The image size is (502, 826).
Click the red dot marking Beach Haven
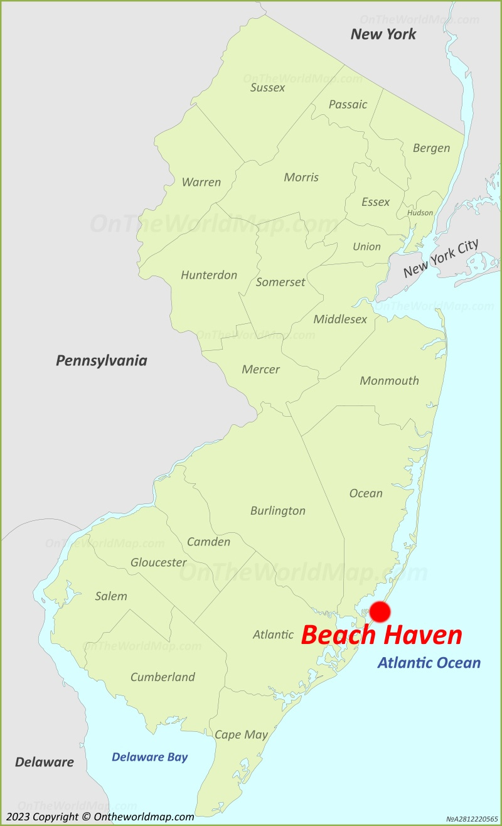(x=380, y=612)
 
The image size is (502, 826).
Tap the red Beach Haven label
(x=382, y=635)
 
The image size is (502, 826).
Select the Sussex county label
(x=267, y=88)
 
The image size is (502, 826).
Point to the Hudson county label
(x=420, y=213)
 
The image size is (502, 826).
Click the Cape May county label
(x=241, y=734)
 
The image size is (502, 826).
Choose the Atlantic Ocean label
(x=429, y=662)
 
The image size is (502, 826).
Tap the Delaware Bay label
(x=149, y=757)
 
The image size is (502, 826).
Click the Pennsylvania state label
(x=102, y=360)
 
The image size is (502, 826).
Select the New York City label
(x=441, y=259)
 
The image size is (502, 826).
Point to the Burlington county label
(x=277, y=511)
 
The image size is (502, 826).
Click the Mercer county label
(x=260, y=370)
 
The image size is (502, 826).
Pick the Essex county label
(x=375, y=202)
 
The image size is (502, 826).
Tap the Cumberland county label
(x=163, y=677)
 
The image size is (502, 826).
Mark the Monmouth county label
(x=389, y=381)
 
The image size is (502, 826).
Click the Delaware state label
(x=45, y=763)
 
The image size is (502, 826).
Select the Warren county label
(x=201, y=183)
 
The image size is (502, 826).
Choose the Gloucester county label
(x=158, y=563)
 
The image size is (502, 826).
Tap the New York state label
(x=383, y=35)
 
